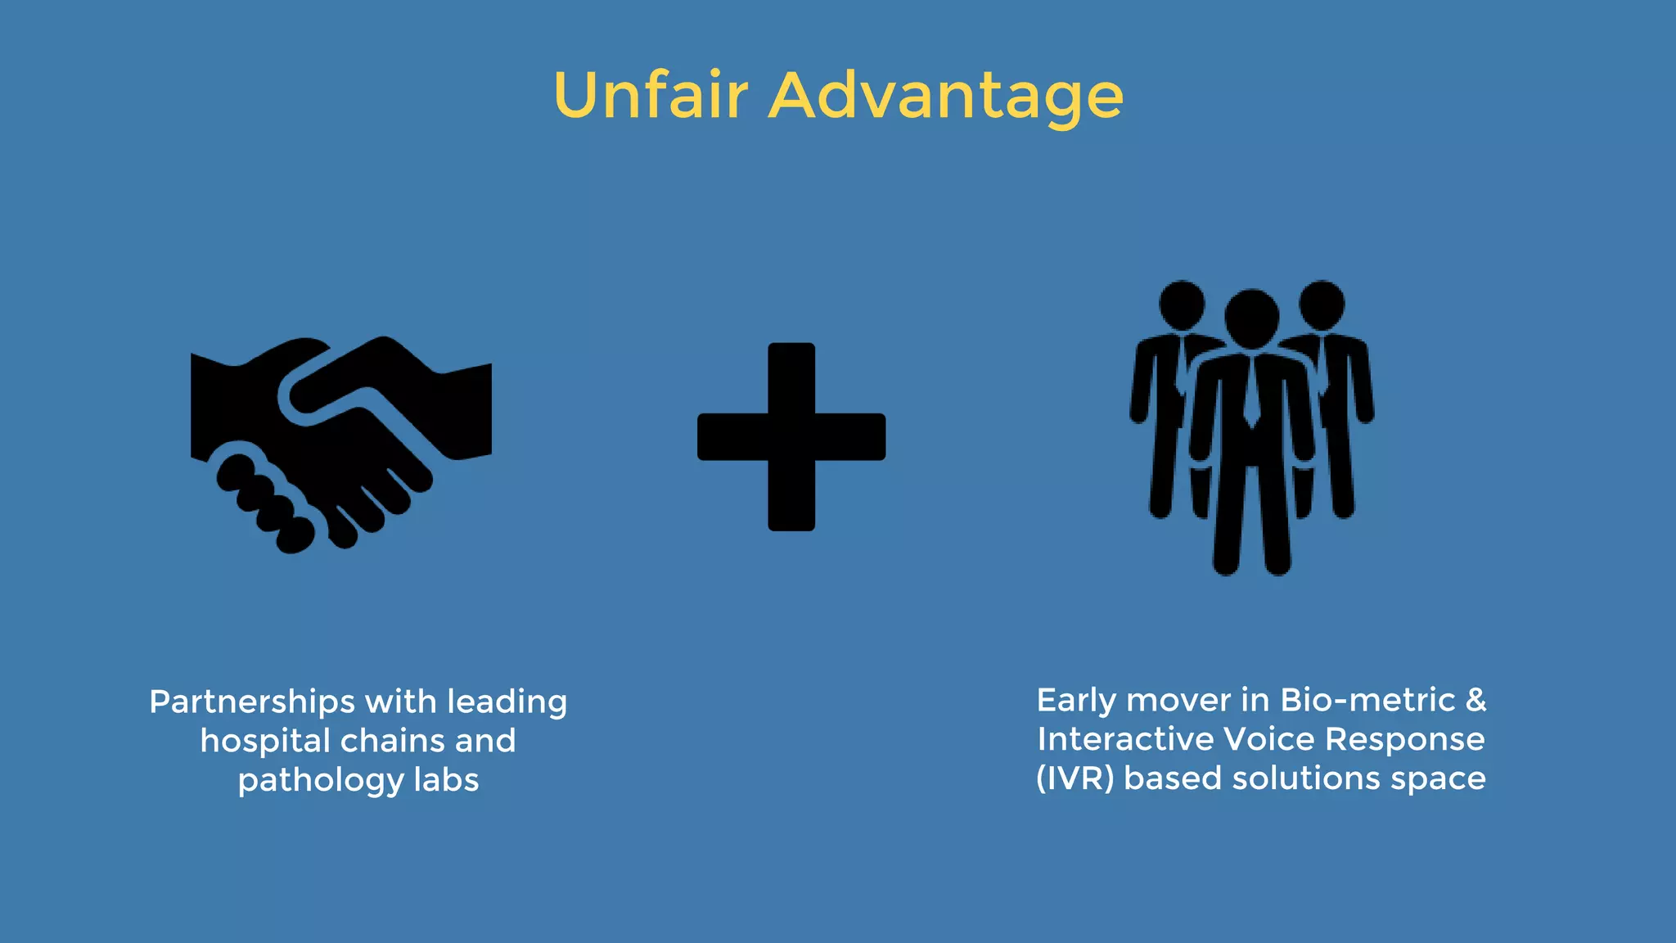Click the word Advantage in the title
(x=946, y=97)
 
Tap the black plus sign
(x=791, y=436)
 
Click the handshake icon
(x=340, y=442)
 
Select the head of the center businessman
(x=1251, y=317)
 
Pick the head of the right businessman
(x=1322, y=304)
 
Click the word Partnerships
(x=252, y=702)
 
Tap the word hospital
(x=264, y=741)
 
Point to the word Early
(x=1076, y=701)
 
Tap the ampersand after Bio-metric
(x=1476, y=700)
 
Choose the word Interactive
(x=1125, y=739)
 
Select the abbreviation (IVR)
(x=1075, y=778)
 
